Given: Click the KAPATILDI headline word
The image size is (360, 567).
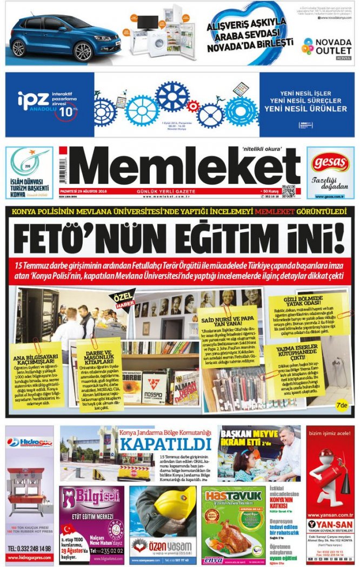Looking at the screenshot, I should click(165, 443).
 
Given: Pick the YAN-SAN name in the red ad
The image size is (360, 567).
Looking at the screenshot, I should click(330, 524).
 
